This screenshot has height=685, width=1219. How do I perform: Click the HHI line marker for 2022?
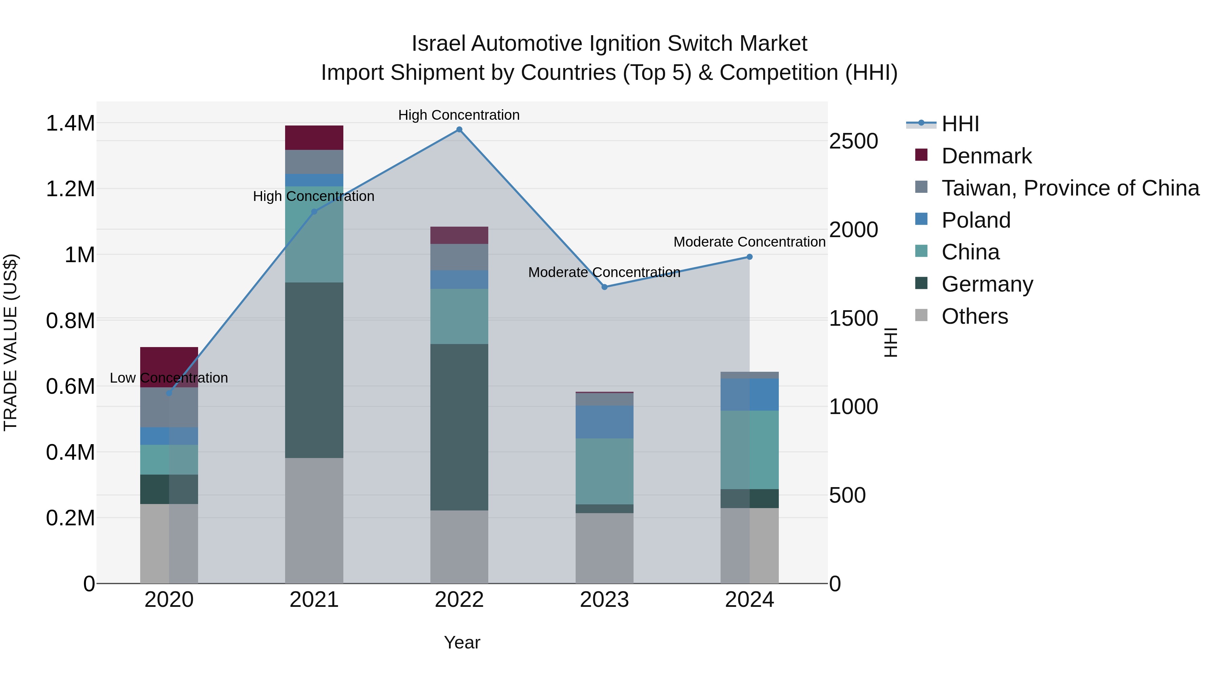pos(459,130)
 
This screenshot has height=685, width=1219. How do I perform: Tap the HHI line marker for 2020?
pos(169,393)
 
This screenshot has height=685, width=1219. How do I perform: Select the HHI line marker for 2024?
pos(750,257)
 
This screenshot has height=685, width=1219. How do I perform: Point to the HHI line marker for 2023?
pos(604,287)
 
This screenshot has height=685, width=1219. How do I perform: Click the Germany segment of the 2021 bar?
pos(314,370)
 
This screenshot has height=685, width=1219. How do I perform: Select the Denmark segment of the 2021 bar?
pos(314,138)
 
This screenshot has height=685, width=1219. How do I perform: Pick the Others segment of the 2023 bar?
pos(604,548)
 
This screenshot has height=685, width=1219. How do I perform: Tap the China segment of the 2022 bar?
pos(459,316)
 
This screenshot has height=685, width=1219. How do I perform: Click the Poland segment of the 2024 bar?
pos(750,394)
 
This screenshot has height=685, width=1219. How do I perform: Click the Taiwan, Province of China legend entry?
pos(1069,188)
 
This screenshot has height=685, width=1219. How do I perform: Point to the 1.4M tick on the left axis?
pos(70,123)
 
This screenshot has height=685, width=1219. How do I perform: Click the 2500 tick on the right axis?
pos(853,141)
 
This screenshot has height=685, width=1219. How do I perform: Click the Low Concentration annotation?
pos(169,378)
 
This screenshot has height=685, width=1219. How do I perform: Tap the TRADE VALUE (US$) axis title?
pos(10,342)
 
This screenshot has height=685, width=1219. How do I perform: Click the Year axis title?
pos(462,642)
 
